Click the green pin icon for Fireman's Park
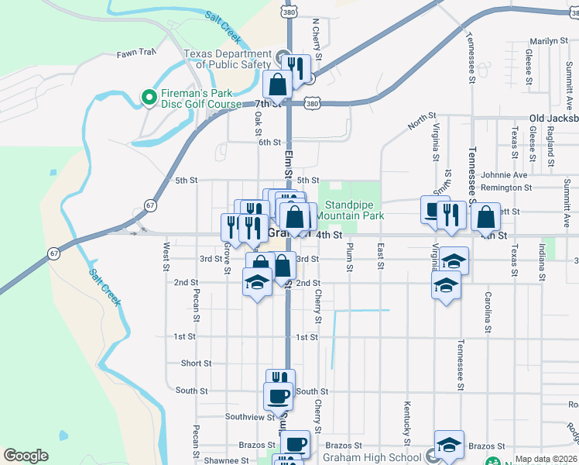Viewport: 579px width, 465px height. [x=148, y=96]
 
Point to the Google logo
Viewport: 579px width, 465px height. [x=26, y=456]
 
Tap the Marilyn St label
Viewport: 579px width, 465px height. [x=549, y=41]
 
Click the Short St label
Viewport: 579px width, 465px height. [x=196, y=363]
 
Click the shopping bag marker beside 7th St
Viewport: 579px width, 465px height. [x=278, y=85]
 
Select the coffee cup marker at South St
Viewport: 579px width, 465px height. [x=279, y=396]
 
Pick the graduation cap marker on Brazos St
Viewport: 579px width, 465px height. [x=449, y=444]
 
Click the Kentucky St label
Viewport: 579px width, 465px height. [x=406, y=418]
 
